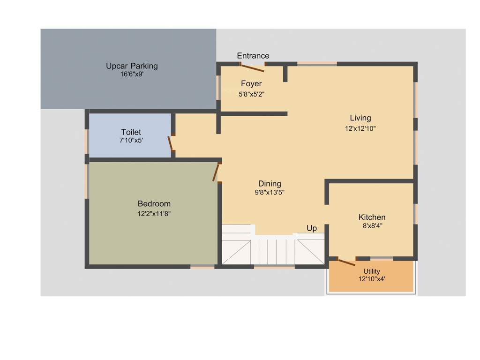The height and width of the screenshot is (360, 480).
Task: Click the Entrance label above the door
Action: [x=253, y=56]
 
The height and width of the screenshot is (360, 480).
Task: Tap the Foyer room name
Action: [x=251, y=84]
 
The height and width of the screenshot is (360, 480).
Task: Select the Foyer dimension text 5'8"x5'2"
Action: [x=251, y=94]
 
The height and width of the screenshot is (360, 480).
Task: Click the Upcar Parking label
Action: [x=132, y=66]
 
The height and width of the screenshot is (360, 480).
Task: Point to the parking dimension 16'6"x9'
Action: [x=132, y=74]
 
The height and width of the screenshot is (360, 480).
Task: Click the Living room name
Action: [x=360, y=118]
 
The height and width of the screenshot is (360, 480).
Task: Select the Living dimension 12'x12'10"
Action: [x=360, y=128]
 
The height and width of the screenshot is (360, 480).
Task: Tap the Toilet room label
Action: [x=131, y=132]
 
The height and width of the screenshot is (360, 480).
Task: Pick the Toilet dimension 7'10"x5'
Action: [x=131, y=140]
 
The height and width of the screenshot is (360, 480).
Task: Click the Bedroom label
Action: [x=154, y=204]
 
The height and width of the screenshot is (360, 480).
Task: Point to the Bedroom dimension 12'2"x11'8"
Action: [x=154, y=214]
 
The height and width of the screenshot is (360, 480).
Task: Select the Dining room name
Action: [x=270, y=184]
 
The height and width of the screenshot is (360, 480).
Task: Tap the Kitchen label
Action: [x=372, y=217]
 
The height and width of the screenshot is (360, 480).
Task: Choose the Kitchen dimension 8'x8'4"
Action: [x=372, y=226]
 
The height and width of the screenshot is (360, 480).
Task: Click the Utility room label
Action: [x=372, y=271]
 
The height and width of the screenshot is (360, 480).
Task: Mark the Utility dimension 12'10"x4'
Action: [x=372, y=278]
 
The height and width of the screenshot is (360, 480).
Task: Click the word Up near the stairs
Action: [x=312, y=228]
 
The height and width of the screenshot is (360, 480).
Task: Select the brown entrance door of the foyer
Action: [x=252, y=68]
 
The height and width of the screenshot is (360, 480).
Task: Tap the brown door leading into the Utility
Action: [x=346, y=262]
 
